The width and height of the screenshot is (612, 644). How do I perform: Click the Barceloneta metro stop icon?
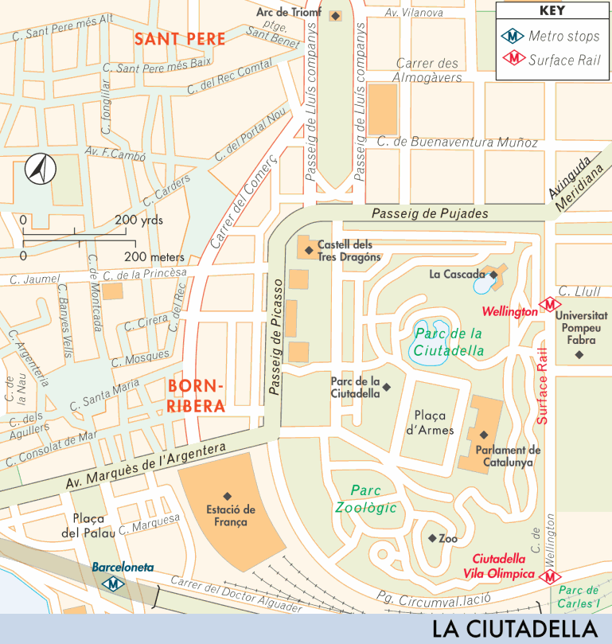click(x=116, y=583)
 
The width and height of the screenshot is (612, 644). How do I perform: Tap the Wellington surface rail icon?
click(x=548, y=305)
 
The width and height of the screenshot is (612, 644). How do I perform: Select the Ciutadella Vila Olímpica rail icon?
click(x=548, y=576)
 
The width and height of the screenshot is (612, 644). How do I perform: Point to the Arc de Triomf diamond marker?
click(x=335, y=15)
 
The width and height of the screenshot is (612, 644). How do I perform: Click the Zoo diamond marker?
click(x=432, y=538)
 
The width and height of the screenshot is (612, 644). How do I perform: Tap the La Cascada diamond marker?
click(x=493, y=275)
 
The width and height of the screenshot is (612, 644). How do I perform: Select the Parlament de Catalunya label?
click(x=508, y=455)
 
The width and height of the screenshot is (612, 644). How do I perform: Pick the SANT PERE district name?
click(x=180, y=38)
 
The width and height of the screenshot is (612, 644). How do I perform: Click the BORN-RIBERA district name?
click(x=197, y=396)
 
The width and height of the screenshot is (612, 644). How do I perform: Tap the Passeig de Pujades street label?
click(x=430, y=213)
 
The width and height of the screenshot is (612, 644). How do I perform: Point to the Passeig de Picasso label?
click(x=276, y=338)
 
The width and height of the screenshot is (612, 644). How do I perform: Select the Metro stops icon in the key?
click(x=513, y=36)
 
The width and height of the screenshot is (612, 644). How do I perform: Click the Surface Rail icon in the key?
click(x=513, y=59)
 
